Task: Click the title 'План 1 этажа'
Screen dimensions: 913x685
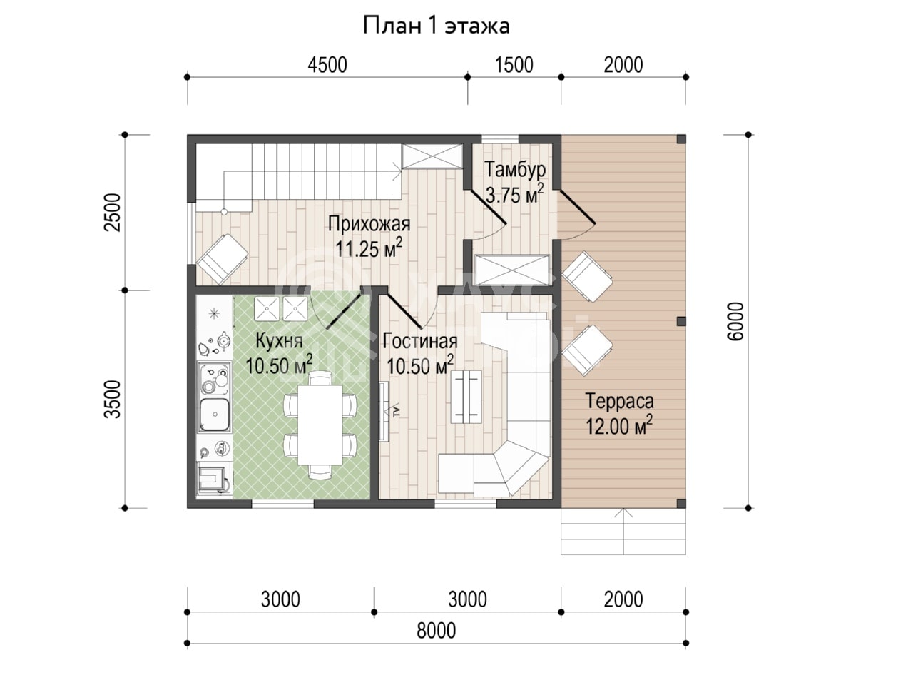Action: pos(436,26)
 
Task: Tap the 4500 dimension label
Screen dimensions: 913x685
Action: pos(327,66)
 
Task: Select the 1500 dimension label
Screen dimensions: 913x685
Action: pos(514,66)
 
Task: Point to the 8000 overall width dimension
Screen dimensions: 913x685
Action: pos(436,631)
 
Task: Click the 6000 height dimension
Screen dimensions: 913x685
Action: pos(735,322)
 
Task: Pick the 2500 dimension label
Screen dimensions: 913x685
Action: pos(112,213)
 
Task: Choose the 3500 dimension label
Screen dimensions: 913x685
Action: pos(112,399)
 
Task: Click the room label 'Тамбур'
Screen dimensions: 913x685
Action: pos(515,170)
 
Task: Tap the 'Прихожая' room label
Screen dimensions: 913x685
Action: pos(369,224)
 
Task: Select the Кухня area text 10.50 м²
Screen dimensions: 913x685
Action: pos(279,365)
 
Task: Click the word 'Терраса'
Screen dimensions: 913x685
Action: pos(619,401)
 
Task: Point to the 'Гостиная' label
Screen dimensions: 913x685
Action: pos(420,341)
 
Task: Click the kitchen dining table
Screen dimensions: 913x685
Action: pos(320,425)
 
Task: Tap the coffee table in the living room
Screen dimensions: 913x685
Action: pos(466,397)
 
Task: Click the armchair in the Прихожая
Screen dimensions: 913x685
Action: pos(223,259)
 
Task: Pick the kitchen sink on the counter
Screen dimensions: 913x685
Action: pos(215,415)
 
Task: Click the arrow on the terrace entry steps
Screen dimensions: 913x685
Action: pos(623,532)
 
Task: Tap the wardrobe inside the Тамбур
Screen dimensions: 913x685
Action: pos(512,270)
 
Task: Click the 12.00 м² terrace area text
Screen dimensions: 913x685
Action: pos(619,426)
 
